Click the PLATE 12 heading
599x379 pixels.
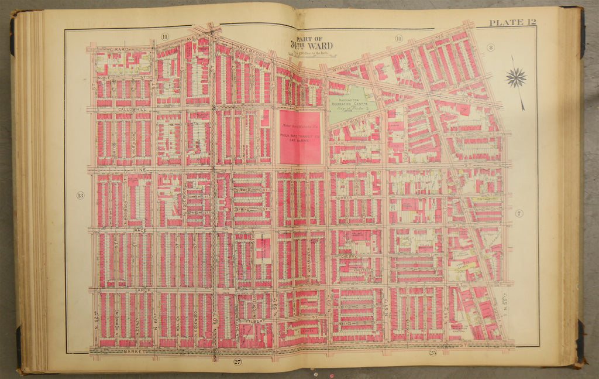pyautogui.click(x=512, y=23)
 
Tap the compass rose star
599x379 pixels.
pyautogui.click(x=516, y=78)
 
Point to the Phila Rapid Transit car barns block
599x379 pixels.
pyautogui.click(x=299, y=138)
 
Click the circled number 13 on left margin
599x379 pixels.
pyautogui.click(x=80, y=195)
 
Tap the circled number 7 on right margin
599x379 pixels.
pyautogui.click(x=519, y=213)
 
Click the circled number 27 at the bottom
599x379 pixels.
pyautogui.click(x=237, y=361)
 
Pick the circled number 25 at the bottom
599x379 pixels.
pyautogui.click(x=433, y=353)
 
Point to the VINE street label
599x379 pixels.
pyautogui.click(x=139, y=169)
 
